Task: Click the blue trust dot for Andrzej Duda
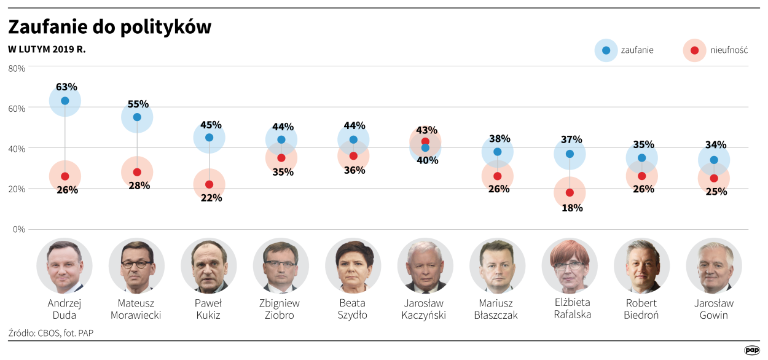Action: (65, 101)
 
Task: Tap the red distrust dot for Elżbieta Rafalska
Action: (570, 192)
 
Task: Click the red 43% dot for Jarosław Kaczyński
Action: (425, 141)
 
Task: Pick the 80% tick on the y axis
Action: (17, 68)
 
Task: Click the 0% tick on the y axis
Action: (19, 230)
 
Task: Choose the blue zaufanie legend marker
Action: (606, 50)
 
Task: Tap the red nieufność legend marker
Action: (694, 50)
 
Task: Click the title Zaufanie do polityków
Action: (109, 26)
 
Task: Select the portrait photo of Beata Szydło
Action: (353, 265)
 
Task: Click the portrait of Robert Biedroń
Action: (641, 265)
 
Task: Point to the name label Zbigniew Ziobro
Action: (281, 309)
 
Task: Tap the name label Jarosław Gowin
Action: (713, 309)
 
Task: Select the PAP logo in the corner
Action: (751, 350)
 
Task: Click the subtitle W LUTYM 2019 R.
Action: (47, 49)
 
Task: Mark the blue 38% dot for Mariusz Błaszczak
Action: (497, 152)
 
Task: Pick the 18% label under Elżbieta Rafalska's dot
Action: (572, 208)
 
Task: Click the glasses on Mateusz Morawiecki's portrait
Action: (136, 264)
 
